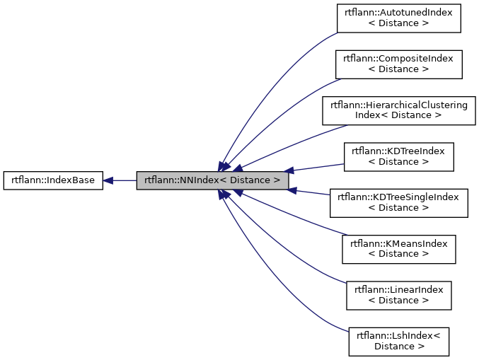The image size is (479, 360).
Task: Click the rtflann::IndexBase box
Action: pyautogui.click(x=53, y=180)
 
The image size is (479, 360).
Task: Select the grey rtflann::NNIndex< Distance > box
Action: pyautogui.click(x=212, y=180)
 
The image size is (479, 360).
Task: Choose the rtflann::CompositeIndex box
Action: pyautogui.click(x=398, y=64)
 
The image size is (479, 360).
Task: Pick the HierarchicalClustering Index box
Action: pyautogui.click(x=398, y=110)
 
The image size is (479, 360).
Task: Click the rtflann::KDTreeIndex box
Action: pyautogui.click(x=398, y=156)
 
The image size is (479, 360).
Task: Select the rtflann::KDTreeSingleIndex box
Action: pyautogui.click(x=398, y=202)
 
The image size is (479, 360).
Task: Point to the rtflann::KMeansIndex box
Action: pyautogui.click(x=398, y=248)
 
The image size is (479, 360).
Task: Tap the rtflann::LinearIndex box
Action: pyautogui.click(x=398, y=295)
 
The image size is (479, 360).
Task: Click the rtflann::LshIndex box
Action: pyautogui.click(x=398, y=341)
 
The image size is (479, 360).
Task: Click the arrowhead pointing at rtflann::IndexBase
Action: pyautogui.click(x=109, y=180)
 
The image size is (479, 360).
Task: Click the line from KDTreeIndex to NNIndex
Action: pyautogui.click(x=318, y=167)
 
